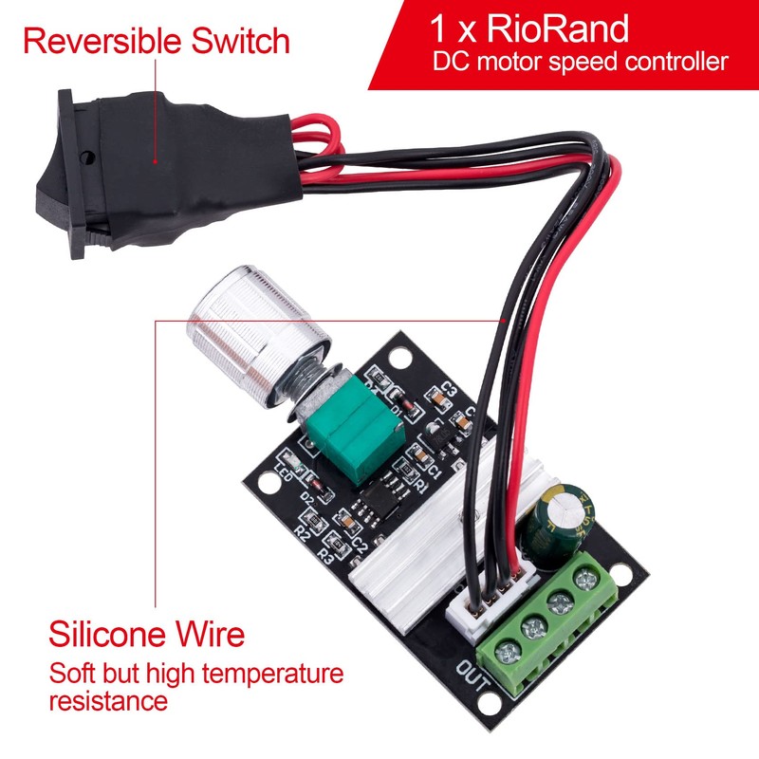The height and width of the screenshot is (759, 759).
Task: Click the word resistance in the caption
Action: tap(108, 702)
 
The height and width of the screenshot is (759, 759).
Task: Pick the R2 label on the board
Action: tap(303, 534)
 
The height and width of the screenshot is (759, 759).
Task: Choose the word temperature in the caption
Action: tap(265, 676)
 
